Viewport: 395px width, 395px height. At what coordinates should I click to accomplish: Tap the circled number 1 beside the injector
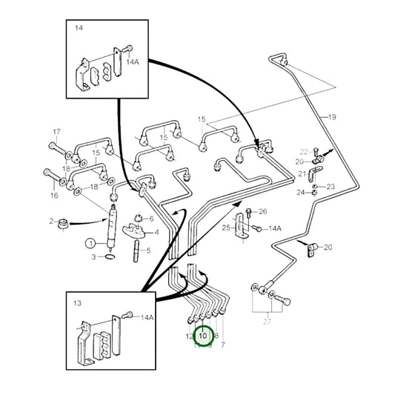click(90, 242)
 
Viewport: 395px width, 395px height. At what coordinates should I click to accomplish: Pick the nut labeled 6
click(139, 219)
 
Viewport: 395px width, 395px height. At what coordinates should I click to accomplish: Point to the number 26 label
click(262, 211)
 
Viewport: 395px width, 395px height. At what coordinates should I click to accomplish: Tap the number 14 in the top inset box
click(79, 29)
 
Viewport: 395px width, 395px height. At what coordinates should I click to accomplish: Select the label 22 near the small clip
click(302, 151)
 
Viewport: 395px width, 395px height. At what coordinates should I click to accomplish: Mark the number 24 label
click(301, 193)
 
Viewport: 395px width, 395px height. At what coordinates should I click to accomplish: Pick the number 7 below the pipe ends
click(222, 345)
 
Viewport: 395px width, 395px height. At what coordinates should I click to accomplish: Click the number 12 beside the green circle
click(190, 336)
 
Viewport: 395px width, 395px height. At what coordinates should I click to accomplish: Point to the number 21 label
click(302, 174)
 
